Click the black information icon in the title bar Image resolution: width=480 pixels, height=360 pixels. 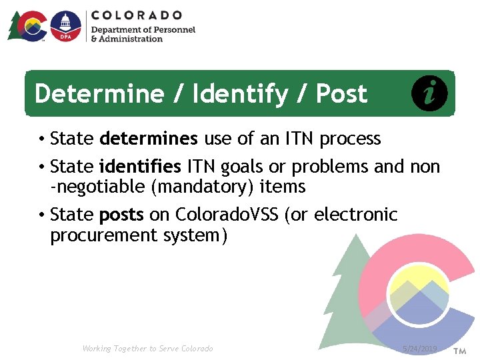429,93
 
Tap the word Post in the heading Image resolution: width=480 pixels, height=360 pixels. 341,94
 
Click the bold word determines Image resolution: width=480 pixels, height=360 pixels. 149,139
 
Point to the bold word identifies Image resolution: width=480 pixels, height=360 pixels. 140,166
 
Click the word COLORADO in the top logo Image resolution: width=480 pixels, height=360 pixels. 136,15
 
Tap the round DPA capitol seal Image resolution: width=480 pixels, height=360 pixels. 65,26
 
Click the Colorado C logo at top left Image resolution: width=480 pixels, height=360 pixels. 30,26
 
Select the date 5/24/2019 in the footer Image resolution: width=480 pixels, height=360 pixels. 420,349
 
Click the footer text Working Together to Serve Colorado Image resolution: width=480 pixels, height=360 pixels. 147,349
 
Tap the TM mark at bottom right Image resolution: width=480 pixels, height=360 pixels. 459,350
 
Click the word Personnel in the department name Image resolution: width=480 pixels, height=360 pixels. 173,30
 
